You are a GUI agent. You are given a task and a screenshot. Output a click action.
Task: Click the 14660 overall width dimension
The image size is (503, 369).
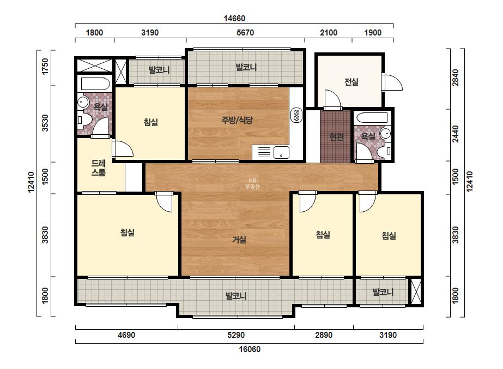coord(234,19)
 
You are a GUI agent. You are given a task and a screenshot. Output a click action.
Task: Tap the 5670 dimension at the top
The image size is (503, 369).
coord(245,33)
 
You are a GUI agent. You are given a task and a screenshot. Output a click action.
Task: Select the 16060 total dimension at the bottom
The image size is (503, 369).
coord(250,349)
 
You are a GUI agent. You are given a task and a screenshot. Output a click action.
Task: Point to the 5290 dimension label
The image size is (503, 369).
coord(236,335)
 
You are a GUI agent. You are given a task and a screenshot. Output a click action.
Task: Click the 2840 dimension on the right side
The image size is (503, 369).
coord(456,78)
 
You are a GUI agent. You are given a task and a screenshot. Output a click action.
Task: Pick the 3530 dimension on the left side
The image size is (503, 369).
coord(45,123)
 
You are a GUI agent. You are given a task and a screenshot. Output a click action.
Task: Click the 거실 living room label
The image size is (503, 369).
coord(239,240)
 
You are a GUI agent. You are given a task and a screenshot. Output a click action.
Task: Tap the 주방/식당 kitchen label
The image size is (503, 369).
coord(237,120)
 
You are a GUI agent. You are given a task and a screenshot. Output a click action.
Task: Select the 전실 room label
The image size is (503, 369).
coord(352,82)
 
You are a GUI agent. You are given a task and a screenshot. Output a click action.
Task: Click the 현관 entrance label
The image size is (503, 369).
coord(336,137)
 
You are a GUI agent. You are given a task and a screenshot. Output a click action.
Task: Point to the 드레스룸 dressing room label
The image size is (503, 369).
coord(99,168)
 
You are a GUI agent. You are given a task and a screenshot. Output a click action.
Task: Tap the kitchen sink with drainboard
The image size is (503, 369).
coord(270,152)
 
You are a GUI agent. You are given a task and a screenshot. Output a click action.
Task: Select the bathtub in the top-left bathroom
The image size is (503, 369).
coord(95,84)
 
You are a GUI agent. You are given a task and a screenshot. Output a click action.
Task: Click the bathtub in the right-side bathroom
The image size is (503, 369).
coord(374,118)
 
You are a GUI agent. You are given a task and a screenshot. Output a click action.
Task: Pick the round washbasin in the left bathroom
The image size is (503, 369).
coord(83,103)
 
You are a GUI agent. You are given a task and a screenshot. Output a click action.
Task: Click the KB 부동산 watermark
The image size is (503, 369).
coord(252,183)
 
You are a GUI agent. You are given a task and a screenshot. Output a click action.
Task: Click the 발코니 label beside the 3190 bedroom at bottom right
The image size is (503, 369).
coord(383,292)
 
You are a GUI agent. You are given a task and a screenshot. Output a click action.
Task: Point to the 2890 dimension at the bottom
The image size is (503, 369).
coord(324,335)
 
